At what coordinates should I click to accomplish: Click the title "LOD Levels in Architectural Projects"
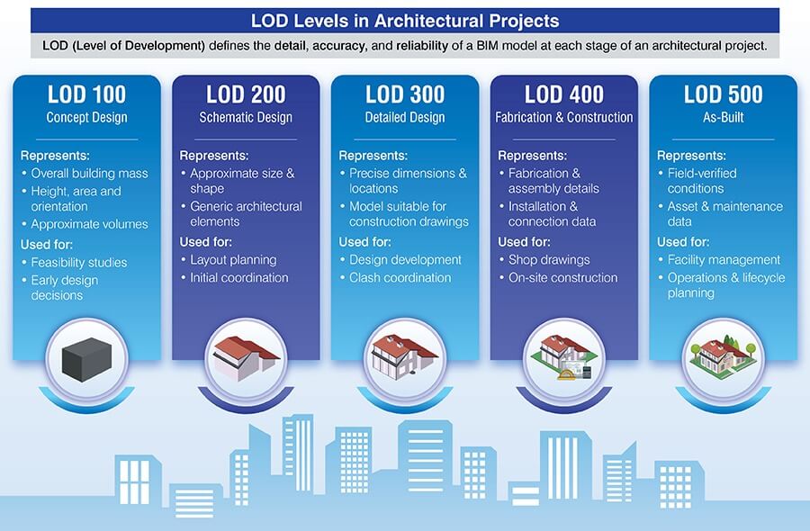point(404,20)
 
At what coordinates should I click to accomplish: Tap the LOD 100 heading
point(86,94)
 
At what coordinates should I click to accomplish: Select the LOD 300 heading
point(404,94)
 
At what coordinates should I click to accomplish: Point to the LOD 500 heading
point(722,94)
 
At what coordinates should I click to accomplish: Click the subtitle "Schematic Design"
point(246,117)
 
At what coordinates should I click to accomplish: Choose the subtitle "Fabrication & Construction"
point(563,117)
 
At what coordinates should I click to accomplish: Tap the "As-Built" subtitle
point(722,117)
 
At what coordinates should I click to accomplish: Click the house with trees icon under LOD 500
point(722,354)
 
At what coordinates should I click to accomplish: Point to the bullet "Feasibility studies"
point(79,263)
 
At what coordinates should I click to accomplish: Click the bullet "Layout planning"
point(233,260)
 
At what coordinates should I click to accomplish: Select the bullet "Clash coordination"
point(400,278)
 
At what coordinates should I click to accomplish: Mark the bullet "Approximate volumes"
point(89,224)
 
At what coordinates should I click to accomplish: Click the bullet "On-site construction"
point(562,278)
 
